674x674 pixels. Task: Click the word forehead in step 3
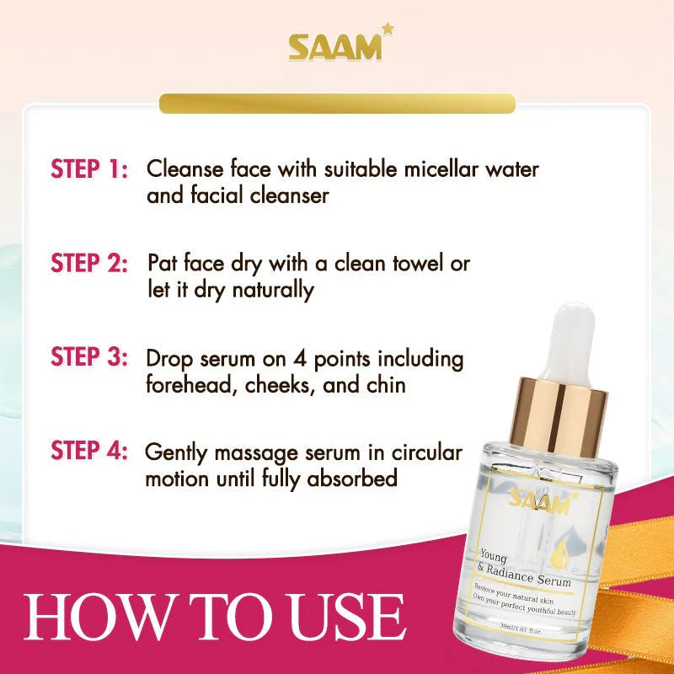point(184,384)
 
